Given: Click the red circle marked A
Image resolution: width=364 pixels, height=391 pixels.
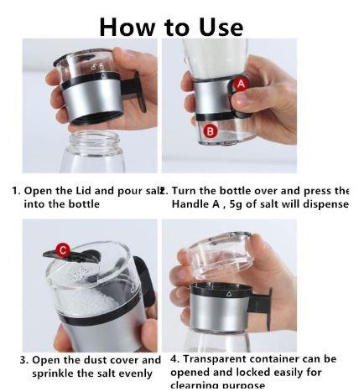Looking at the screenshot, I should pyautogui.click(x=241, y=85).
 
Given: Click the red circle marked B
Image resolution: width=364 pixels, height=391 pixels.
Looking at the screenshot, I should pyautogui.click(x=211, y=131).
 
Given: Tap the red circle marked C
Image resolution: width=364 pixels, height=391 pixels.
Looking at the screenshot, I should pyautogui.click(x=61, y=249).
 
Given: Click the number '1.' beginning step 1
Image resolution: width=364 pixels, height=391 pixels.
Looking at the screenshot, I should pyautogui.click(x=16, y=191).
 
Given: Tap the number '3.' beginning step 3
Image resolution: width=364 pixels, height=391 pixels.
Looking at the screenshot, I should pyautogui.click(x=24, y=360).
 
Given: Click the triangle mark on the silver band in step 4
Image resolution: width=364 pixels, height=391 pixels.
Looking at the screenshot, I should pyautogui.click(x=228, y=294).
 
